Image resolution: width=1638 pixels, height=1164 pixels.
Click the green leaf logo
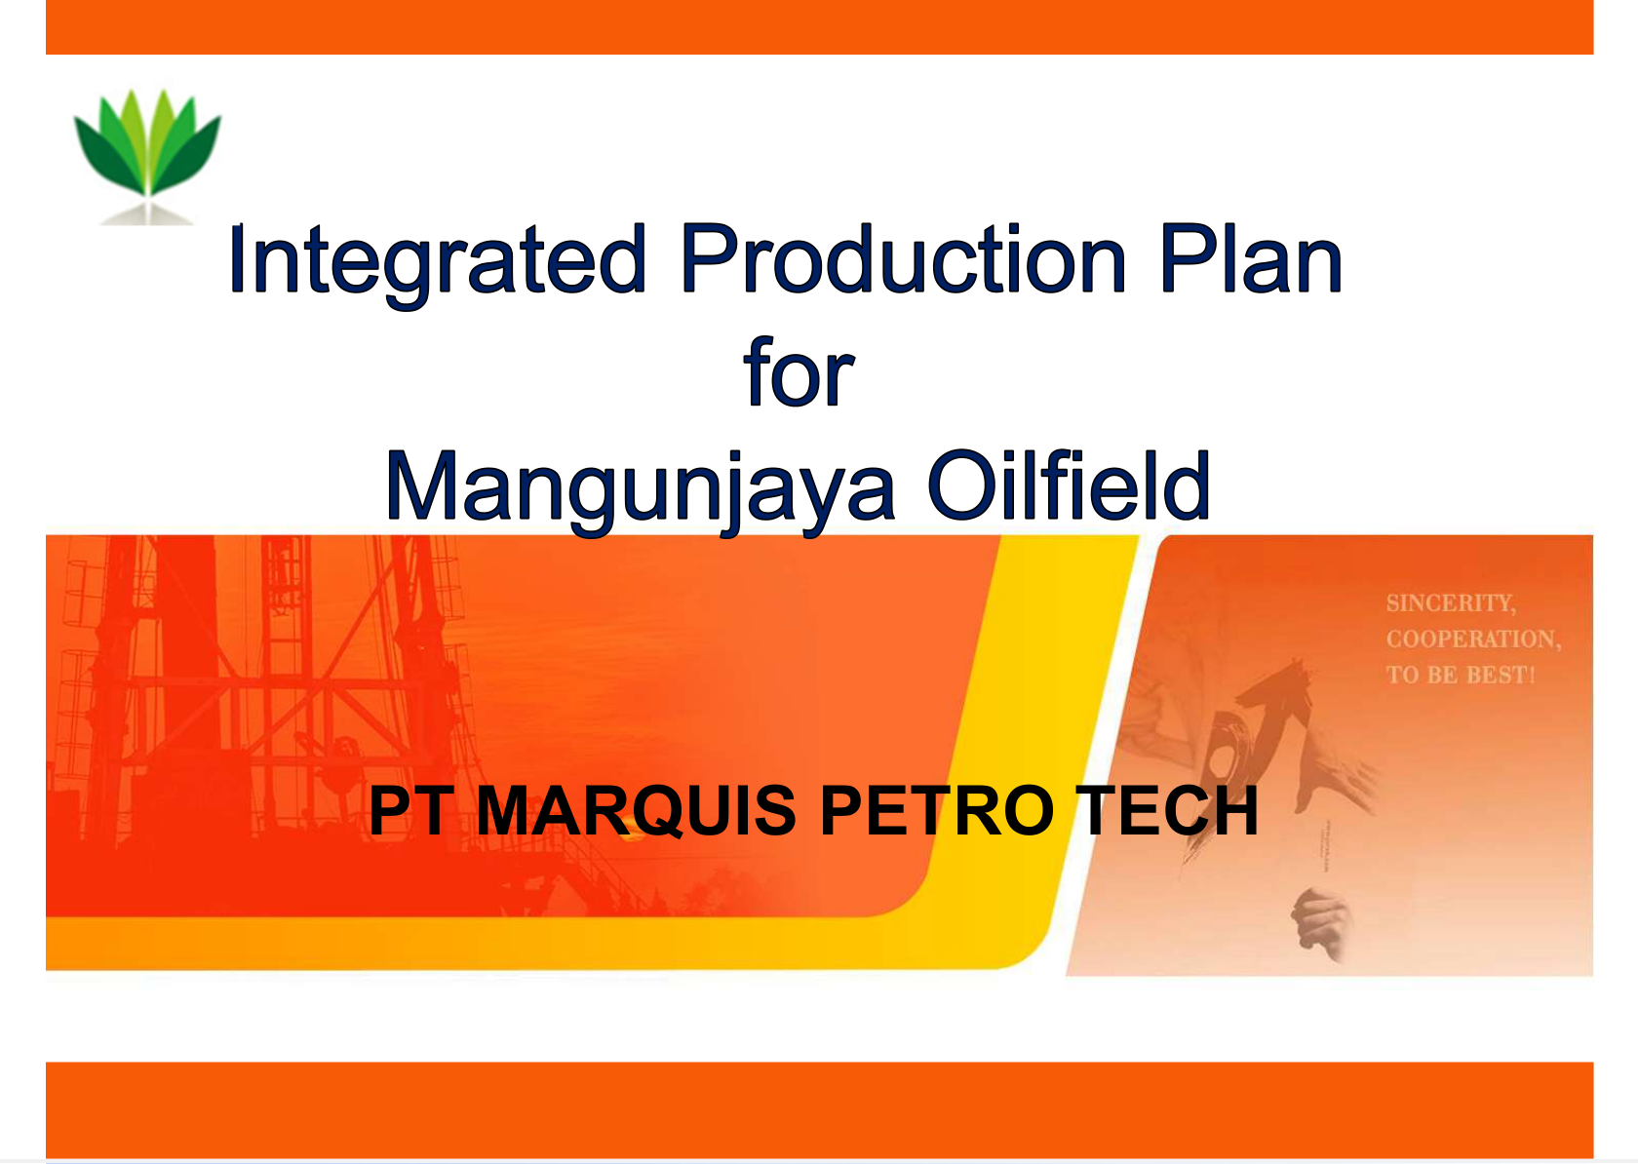pyautogui.click(x=147, y=146)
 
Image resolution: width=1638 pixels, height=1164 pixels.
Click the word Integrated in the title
pyautogui.click(x=436, y=260)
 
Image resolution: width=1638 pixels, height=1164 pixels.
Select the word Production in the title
pyautogui.click(x=903, y=260)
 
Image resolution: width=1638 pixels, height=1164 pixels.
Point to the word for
pyautogui.click(x=799, y=374)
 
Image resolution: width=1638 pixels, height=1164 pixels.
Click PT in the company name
pyautogui.click(x=410, y=811)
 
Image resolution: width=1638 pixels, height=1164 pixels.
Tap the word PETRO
pyautogui.click(x=937, y=811)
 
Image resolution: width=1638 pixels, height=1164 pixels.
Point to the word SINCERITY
pyautogui.click(x=1450, y=603)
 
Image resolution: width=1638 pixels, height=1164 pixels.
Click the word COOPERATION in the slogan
pyautogui.click(x=1472, y=640)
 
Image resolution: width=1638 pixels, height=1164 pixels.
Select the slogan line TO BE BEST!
pyautogui.click(x=1460, y=675)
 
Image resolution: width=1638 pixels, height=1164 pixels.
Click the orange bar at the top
pyautogui.click(x=819, y=26)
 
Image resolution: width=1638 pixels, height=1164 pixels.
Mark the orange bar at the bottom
pyautogui.click(x=819, y=1109)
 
